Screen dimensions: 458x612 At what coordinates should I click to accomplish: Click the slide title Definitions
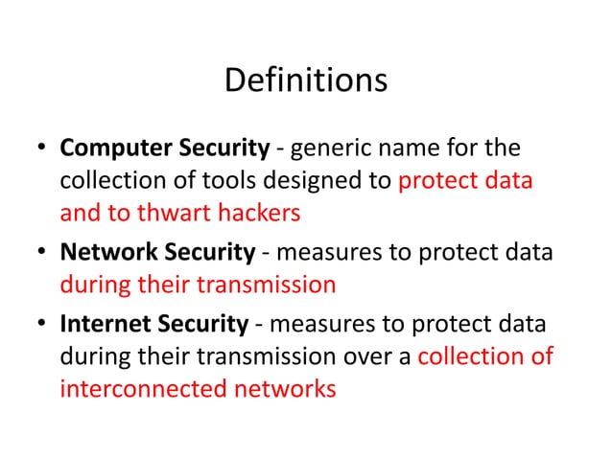[305, 80]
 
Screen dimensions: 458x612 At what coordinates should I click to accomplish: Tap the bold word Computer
[112, 149]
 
